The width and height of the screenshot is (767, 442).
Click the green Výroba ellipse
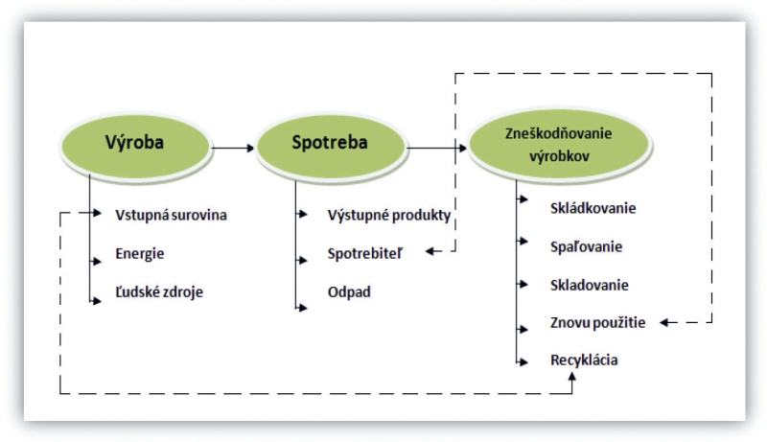click(x=136, y=145)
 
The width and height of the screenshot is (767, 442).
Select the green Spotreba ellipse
click(x=331, y=145)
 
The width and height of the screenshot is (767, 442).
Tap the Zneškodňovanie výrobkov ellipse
click(x=559, y=145)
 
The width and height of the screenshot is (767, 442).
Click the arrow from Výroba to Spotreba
click(x=233, y=148)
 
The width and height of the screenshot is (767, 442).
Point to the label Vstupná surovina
click(x=172, y=215)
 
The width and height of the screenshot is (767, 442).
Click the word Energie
click(x=140, y=254)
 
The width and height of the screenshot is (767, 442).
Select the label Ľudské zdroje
click(x=159, y=291)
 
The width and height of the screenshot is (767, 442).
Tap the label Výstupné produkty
click(x=389, y=215)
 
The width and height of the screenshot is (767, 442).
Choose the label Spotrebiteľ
click(x=365, y=254)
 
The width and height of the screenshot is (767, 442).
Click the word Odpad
click(x=349, y=291)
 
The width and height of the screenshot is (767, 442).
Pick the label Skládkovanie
click(x=593, y=208)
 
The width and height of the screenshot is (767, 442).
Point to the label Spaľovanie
click(x=586, y=246)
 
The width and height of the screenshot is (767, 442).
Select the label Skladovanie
click(x=589, y=285)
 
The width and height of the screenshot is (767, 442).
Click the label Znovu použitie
click(x=597, y=323)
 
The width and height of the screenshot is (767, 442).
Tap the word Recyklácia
click(x=584, y=361)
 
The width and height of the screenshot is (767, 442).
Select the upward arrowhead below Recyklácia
click(x=571, y=377)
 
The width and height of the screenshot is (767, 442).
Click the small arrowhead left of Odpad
click(x=302, y=308)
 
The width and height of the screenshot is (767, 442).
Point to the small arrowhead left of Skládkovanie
click(x=523, y=199)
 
